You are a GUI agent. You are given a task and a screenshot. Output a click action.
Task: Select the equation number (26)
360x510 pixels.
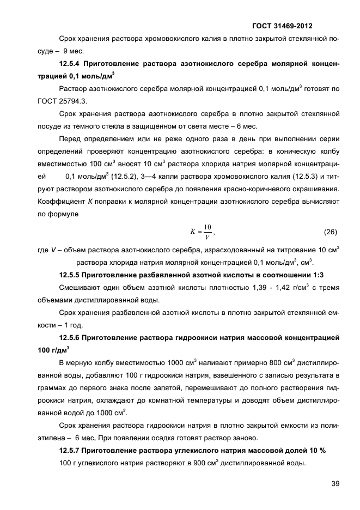coord(331,232)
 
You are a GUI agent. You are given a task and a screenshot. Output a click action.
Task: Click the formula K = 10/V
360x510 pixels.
coord(201,232)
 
